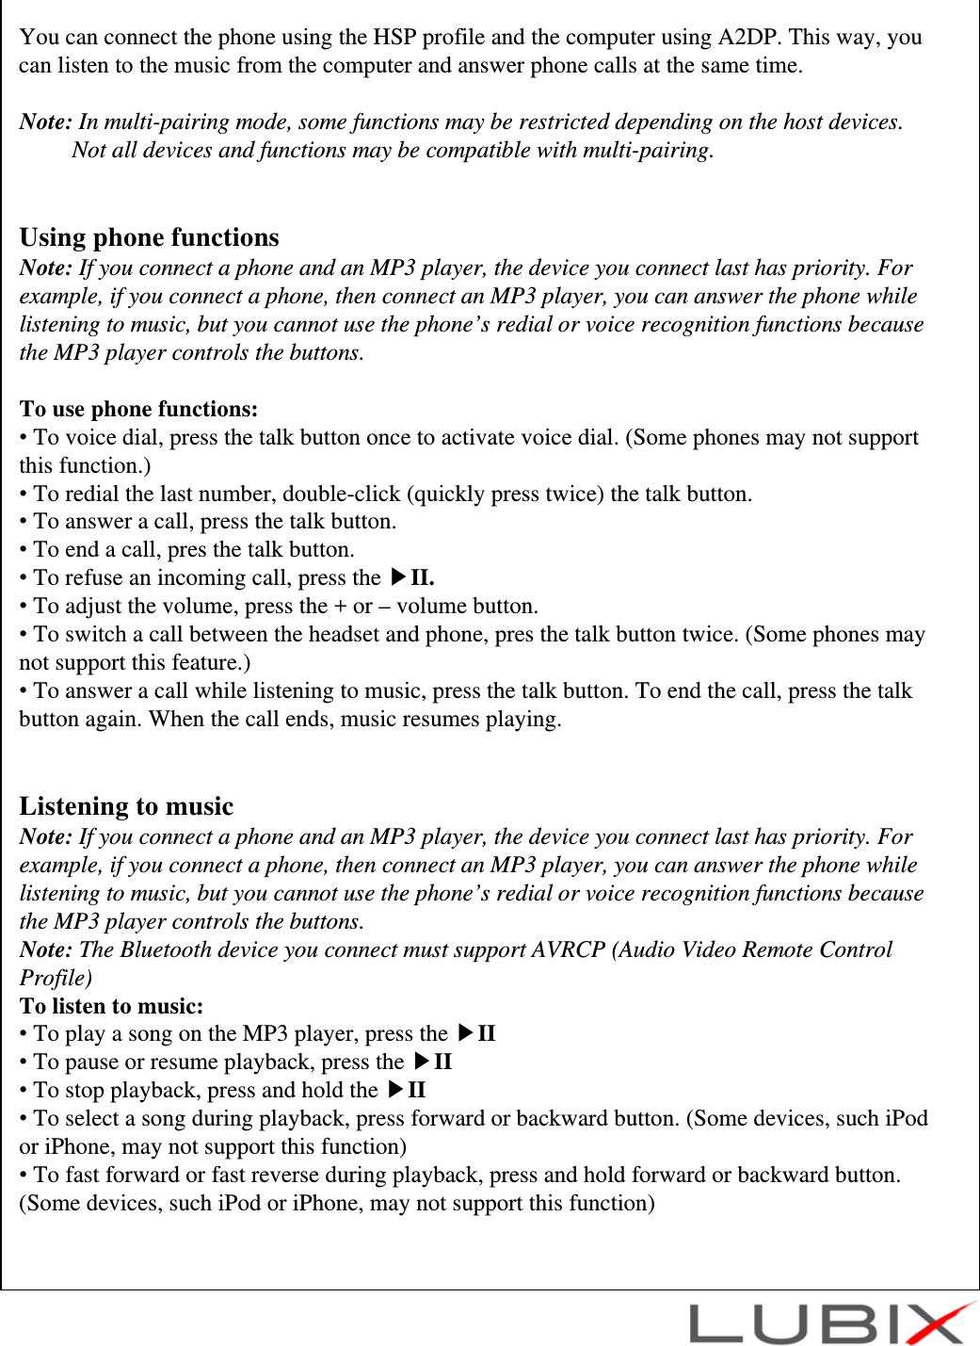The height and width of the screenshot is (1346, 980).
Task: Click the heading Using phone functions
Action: click(149, 237)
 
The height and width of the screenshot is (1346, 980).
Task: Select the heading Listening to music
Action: click(126, 806)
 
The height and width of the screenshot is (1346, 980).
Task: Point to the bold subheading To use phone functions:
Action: click(138, 409)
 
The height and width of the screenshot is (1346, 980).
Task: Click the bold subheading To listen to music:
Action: click(111, 1006)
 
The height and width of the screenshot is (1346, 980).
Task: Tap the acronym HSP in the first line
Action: click(394, 37)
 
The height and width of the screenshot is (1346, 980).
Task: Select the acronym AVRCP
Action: click(568, 949)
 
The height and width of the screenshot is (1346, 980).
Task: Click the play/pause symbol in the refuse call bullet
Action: click(411, 577)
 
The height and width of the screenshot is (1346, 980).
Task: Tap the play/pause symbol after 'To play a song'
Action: click(476, 1033)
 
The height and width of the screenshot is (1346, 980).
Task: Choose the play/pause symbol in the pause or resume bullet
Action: click(433, 1062)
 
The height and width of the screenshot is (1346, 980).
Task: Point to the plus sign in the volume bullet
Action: click(340, 607)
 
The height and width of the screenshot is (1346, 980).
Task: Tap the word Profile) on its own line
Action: click(56, 978)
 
